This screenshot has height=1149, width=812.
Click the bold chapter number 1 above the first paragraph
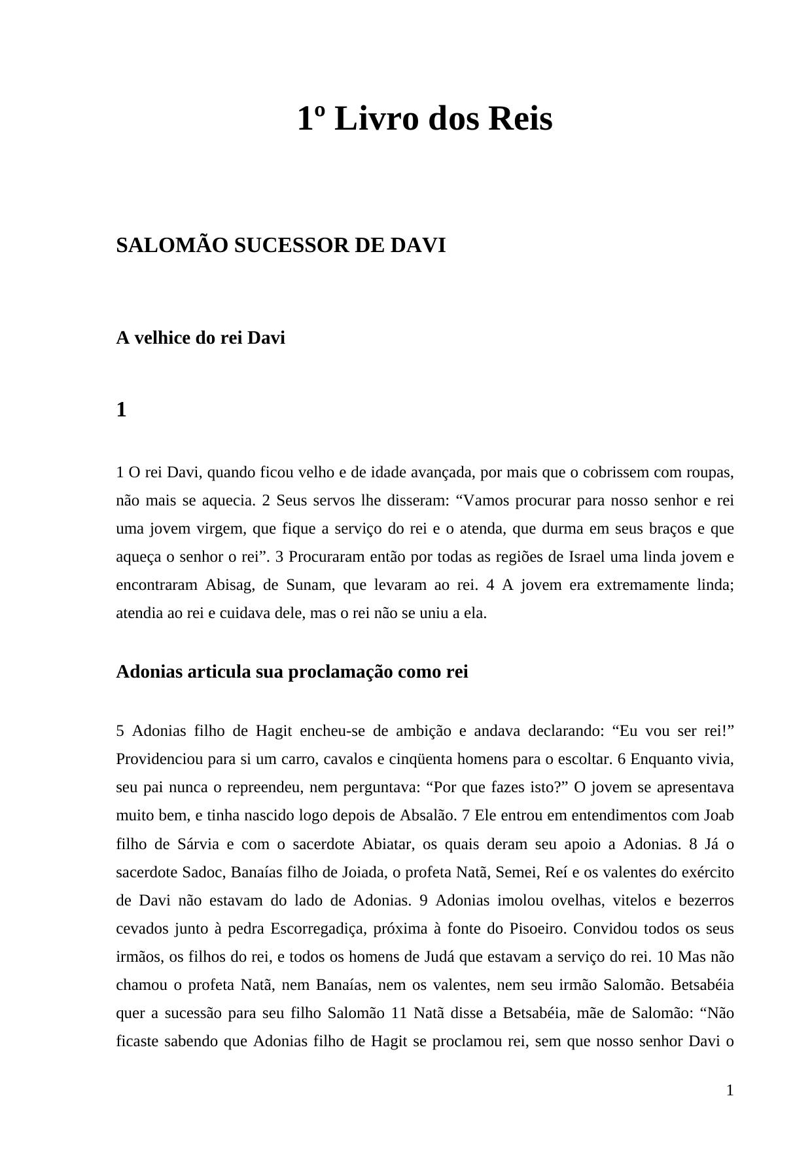tap(121, 410)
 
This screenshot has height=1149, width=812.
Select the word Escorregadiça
tap(320, 928)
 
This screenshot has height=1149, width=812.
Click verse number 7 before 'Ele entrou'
tap(466, 815)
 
